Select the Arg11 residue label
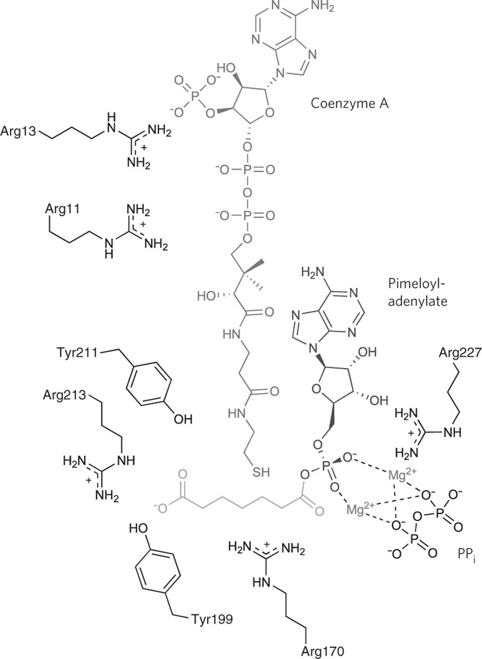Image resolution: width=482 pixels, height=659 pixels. click(61, 207)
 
